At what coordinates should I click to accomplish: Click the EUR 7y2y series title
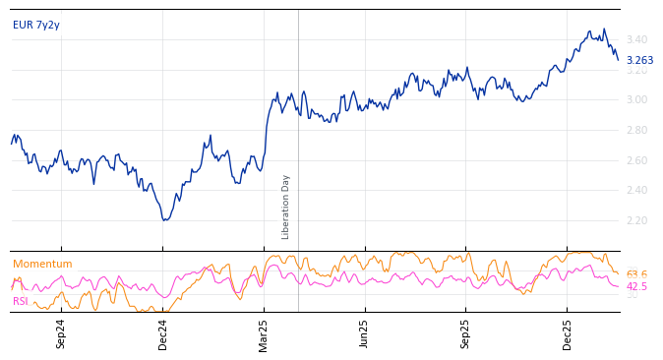tap(36, 25)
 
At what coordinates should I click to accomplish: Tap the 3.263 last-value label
tap(639, 60)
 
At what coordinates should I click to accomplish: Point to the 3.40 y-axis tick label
tap(636, 39)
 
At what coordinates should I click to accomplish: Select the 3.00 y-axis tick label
tap(636, 99)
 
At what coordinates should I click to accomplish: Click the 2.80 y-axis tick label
tap(636, 130)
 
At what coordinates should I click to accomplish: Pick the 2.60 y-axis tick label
tap(636, 160)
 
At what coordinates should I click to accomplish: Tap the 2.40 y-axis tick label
tap(636, 190)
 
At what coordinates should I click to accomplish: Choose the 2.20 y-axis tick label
tap(636, 220)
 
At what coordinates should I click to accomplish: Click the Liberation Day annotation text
tap(286, 207)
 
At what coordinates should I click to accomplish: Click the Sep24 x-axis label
tap(61, 333)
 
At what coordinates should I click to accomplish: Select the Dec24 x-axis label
tap(163, 333)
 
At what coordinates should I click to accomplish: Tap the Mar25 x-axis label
tap(264, 333)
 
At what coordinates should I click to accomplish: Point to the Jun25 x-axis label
tap(365, 333)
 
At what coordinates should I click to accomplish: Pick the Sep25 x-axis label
tap(466, 333)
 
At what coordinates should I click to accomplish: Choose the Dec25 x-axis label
tap(568, 333)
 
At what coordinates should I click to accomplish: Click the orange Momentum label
tap(42, 264)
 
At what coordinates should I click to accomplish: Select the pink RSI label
tap(21, 301)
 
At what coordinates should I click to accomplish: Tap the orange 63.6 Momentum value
tap(636, 274)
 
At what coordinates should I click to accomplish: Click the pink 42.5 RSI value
tap(636, 286)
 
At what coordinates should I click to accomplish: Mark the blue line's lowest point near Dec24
tap(165, 219)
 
